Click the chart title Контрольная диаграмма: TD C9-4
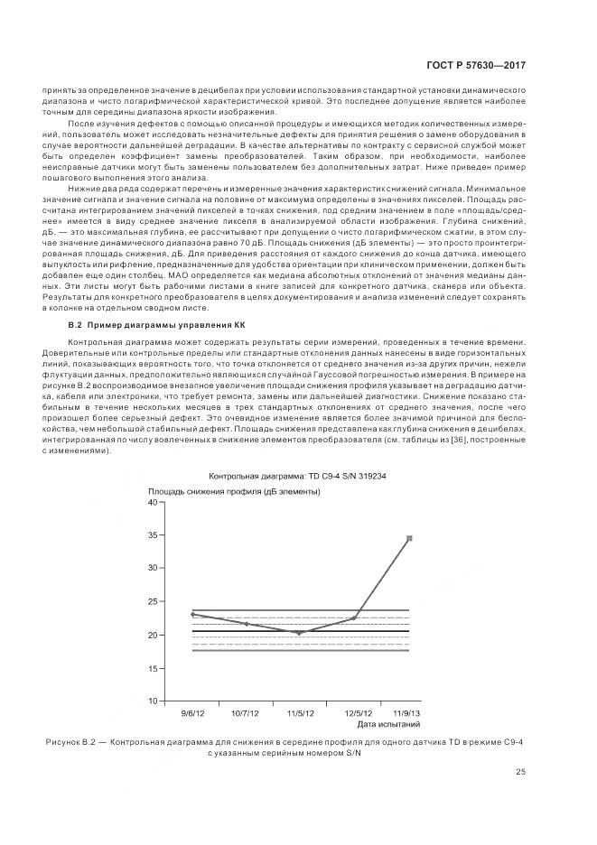pyautogui.click(x=297, y=476)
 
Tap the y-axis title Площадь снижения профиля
pyautogui.click(x=234, y=490)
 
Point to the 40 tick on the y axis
pyautogui.click(x=153, y=502)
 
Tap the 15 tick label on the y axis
pyautogui.click(x=153, y=667)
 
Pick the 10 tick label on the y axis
pyautogui.click(x=153, y=701)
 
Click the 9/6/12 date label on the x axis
pyautogui.click(x=191, y=713)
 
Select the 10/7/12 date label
pyautogui.click(x=246, y=713)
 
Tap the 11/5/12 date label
pyautogui.click(x=300, y=713)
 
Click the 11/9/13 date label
pyautogui.click(x=408, y=713)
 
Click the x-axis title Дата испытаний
pyautogui.click(x=388, y=724)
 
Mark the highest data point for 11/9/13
pyautogui.click(x=409, y=538)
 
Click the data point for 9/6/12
pyautogui.click(x=191, y=614)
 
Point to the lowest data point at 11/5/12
pyautogui.click(x=300, y=633)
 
